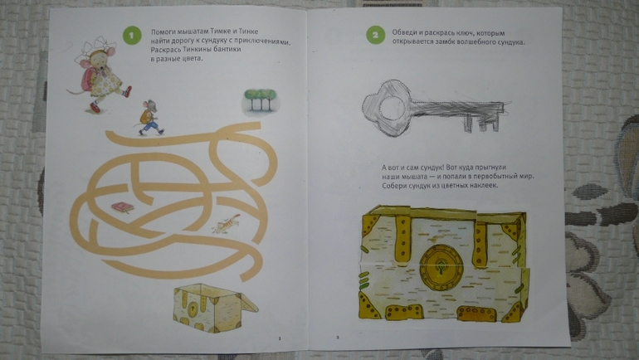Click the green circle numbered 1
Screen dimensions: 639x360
(132, 36)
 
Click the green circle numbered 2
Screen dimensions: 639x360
(375, 35)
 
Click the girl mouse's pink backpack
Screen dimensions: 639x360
(88, 79)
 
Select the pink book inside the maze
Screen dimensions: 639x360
(123, 207)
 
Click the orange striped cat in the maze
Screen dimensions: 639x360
(227, 224)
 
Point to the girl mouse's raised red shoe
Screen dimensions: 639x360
(128, 90)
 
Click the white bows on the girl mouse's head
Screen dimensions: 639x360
(95, 46)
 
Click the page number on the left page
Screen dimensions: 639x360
(280, 338)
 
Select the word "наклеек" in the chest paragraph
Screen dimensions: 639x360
(485, 186)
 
